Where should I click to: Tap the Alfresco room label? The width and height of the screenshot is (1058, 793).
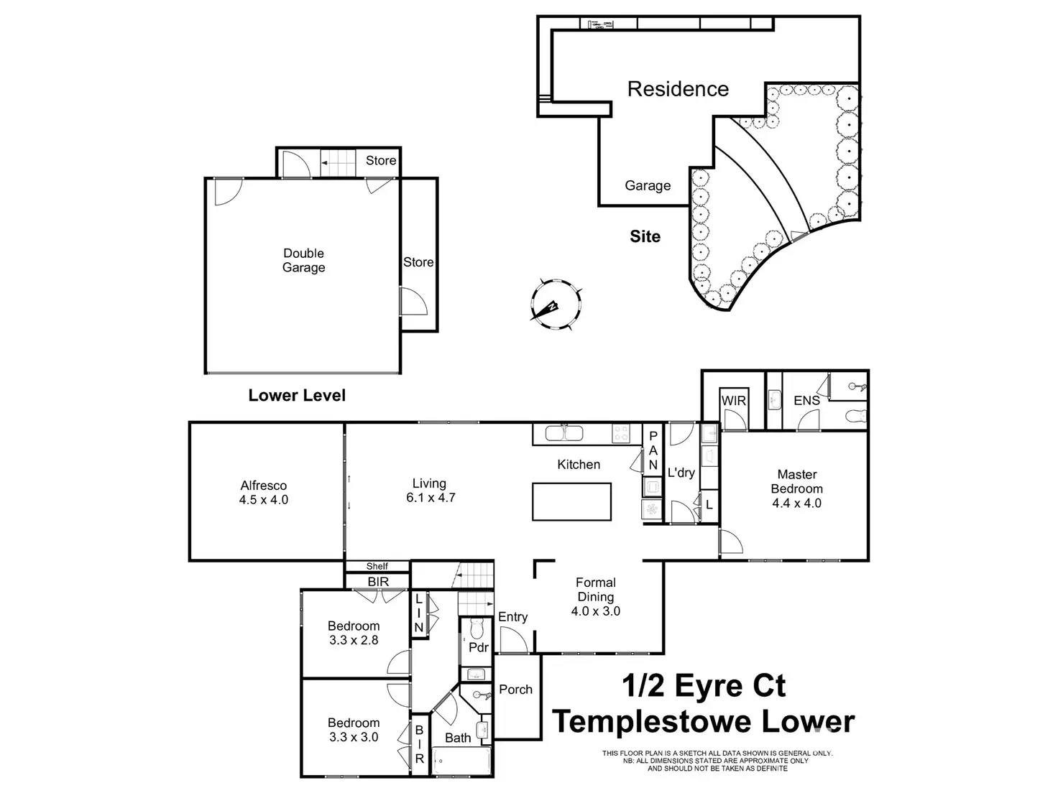(x=264, y=486)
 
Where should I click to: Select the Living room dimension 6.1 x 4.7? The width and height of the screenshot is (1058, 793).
(x=431, y=497)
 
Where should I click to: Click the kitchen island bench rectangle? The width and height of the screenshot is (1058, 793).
(x=571, y=501)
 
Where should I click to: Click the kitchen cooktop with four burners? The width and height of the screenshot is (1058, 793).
(x=621, y=433)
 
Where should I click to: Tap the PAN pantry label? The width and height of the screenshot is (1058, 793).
(x=653, y=450)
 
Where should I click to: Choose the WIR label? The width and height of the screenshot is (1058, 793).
(x=734, y=401)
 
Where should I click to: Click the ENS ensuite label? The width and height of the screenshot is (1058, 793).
(x=806, y=400)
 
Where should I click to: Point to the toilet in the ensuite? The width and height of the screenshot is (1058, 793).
(x=857, y=415)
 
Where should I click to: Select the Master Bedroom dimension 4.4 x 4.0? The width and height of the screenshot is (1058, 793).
(x=797, y=503)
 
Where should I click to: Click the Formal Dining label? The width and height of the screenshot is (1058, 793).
(x=596, y=589)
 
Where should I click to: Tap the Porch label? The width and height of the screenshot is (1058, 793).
(x=516, y=690)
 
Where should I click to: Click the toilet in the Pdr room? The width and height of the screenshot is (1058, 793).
(x=477, y=628)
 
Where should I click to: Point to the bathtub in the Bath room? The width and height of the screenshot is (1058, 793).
(x=461, y=761)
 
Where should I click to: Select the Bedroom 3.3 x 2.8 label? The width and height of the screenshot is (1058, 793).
(x=354, y=633)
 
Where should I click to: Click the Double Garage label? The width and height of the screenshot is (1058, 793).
(x=303, y=260)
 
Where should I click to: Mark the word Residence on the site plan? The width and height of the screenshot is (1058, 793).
(x=678, y=89)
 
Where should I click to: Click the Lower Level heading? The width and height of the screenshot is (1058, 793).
(x=297, y=395)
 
